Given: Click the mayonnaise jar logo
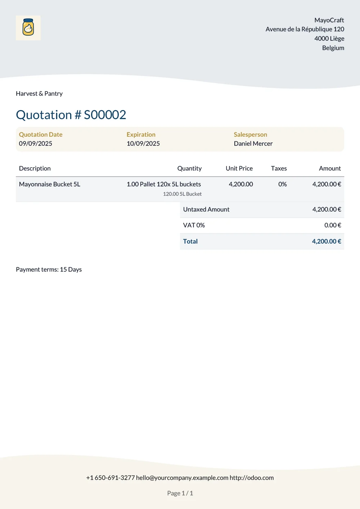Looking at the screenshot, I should click(x=28, y=28).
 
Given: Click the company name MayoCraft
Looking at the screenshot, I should click(x=329, y=20).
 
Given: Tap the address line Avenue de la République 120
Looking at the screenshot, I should click(x=305, y=29).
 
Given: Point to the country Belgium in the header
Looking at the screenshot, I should click(x=333, y=48).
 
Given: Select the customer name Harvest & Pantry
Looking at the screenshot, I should click(x=39, y=94).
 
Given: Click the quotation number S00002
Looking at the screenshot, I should click(x=105, y=115).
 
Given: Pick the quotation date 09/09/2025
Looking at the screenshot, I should click(x=35, y=144).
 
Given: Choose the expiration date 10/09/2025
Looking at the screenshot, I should click(x=143, y=144).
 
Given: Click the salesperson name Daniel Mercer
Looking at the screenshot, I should click(x=253, y=144).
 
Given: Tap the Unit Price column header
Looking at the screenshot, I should click(x=239, y=168).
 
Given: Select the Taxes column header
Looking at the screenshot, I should click(x=279, y=168).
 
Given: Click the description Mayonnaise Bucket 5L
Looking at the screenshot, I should click(x=50, y=184).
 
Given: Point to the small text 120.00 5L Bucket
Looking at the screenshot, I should click(x=182, y=194).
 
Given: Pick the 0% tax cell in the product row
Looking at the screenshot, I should click(x=282, y=184).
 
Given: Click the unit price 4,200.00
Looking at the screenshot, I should click(x=240, y=184).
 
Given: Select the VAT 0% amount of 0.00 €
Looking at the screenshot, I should click(x=332, y=225).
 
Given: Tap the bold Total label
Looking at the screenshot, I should click(x=190, y=241).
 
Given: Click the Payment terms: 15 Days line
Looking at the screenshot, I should click(x=49, y=269).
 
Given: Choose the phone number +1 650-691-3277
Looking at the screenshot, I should click(x=110, y=478).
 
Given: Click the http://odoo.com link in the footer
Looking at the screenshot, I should click(x=252, y=478).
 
